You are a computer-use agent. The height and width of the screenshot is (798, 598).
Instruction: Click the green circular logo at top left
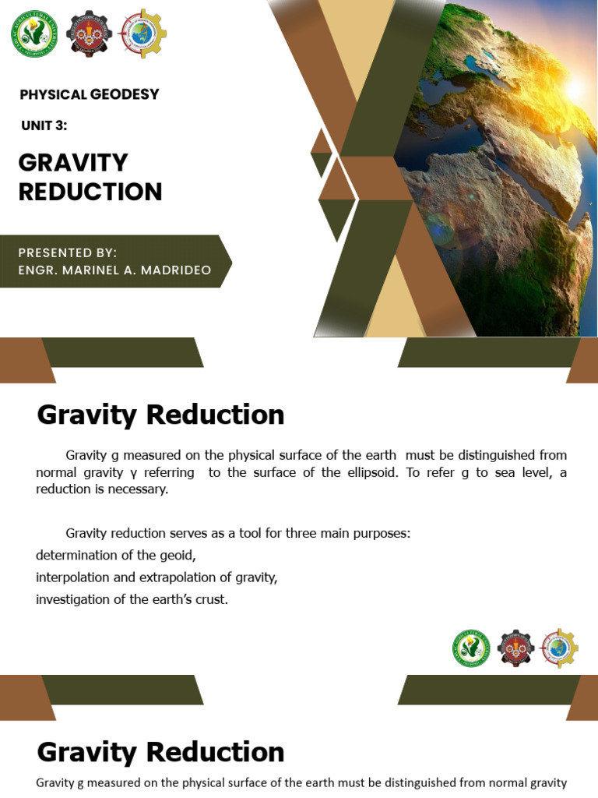tap(34, 34)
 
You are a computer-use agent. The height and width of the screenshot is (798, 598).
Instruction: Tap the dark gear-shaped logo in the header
tap(89, 34)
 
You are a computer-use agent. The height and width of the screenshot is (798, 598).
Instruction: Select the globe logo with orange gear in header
tap(142, 34)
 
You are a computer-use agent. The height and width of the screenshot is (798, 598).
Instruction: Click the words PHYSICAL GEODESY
tap(89, 94)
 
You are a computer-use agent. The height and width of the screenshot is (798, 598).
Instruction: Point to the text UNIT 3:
tap(44, 125)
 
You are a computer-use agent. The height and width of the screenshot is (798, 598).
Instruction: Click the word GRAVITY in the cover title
tap(73, 162)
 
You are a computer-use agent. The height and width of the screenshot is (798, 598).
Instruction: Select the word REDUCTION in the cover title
tap(90, 192)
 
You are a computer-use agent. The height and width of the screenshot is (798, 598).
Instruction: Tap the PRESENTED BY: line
tap(68, 252)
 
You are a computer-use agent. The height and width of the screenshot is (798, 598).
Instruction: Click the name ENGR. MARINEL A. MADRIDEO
tap(114, 270)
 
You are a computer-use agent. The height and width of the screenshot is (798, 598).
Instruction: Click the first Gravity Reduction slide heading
tap(160, 415)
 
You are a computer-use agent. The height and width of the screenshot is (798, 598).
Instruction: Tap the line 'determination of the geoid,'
tap(116, 555)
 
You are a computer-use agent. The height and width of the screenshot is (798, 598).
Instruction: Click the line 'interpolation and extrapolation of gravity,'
tap(157, 577)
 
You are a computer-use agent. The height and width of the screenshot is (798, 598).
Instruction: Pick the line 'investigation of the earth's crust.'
tap(132, 599)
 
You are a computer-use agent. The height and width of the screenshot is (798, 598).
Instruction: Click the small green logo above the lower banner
tap(471, 648)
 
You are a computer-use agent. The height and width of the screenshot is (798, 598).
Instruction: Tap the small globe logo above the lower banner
tap(560, 648)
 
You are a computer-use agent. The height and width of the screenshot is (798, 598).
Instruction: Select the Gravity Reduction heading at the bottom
tap(160, 752)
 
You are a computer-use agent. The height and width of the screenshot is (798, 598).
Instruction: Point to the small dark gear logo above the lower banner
tap(515, 648)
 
